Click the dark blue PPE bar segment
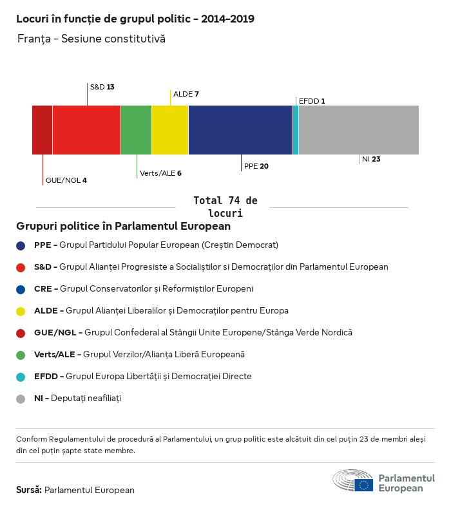(240, 130)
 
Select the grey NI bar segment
(358, 130)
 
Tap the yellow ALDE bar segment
(170, 130)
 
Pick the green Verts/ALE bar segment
(136, 130)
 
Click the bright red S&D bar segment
(86, 130)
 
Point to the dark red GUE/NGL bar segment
(43, 130)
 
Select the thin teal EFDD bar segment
(296, 130)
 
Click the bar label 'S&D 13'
(102, 87)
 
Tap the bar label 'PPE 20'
(256, 166)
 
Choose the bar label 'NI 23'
(371, 159)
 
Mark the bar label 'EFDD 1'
(312, 101)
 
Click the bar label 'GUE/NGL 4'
(66, 180)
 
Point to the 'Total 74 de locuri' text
(225, 207)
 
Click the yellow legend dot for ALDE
(21, 311)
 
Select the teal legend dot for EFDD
(21, 377)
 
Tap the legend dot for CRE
(21, 289)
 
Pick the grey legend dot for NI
(21, 398)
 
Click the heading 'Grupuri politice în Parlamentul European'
(123, 227)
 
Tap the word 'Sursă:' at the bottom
(29, 490)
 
